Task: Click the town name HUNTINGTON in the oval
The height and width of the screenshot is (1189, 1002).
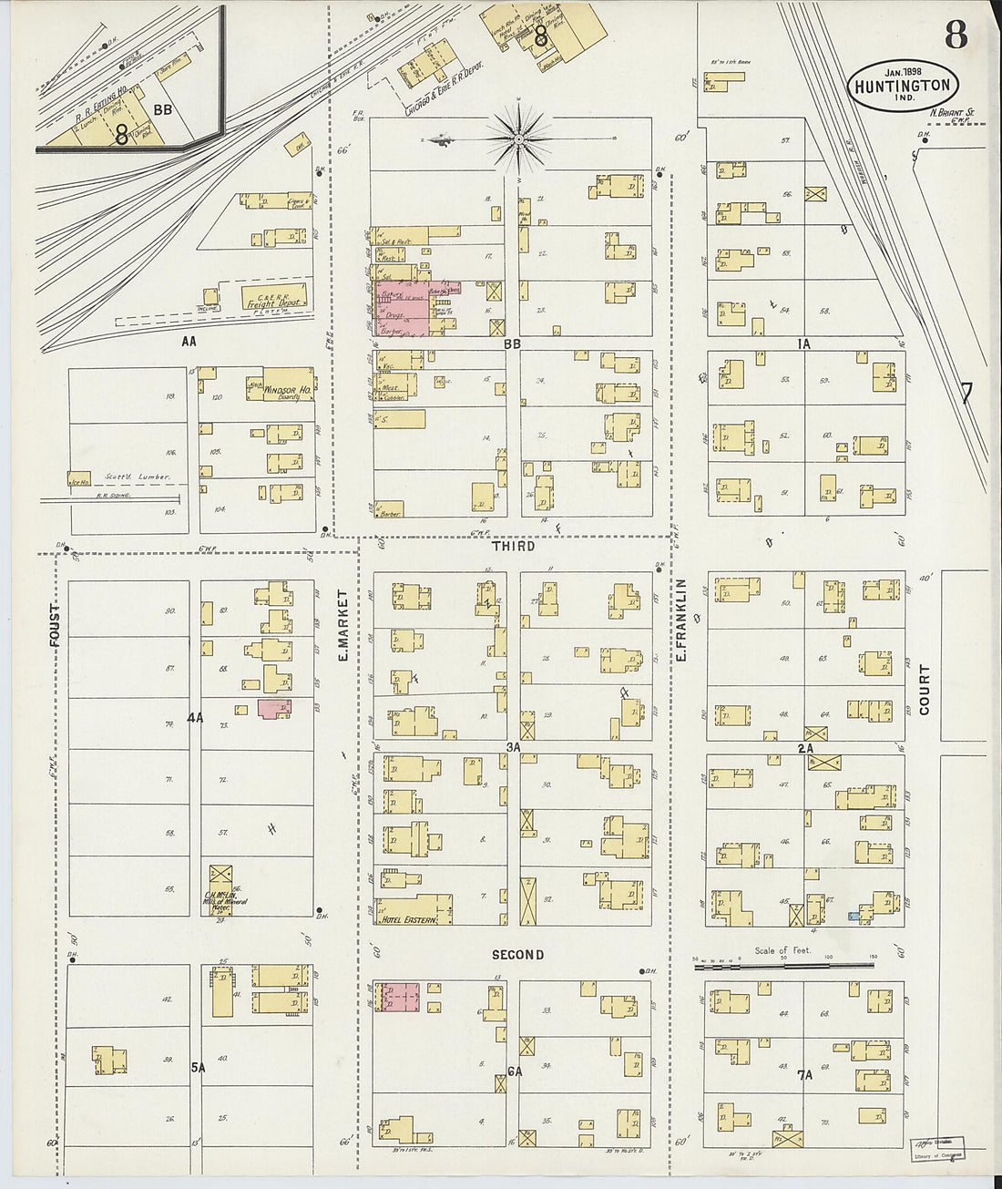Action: click(x=903, y=87)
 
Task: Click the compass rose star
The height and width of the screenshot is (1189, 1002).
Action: click(x=518, y=139)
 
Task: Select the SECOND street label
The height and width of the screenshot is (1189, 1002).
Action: click(x=517, y=955)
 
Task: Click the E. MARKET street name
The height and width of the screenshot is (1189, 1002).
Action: click(x=343, y=624)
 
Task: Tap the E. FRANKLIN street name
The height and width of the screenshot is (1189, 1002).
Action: click(x=680, y=620)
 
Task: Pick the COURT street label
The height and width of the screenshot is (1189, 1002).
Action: click(x=925, y=689)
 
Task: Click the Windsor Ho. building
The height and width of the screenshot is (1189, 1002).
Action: click(x=288, y=384)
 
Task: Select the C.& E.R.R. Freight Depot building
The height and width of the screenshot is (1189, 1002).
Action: click(x=273, y=298)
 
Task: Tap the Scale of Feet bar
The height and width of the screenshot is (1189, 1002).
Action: click(x=782, y=964)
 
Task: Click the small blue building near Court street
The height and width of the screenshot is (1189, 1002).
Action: click(x=854, y=916)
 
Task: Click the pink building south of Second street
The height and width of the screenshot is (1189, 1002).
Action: click(x=400, y=996)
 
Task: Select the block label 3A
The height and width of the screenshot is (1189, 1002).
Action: click(x=514, y=746)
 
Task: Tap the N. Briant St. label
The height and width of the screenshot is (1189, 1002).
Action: click(x=952, y=114)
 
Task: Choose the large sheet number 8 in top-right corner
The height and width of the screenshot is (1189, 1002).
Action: click(x=956, y=36)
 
